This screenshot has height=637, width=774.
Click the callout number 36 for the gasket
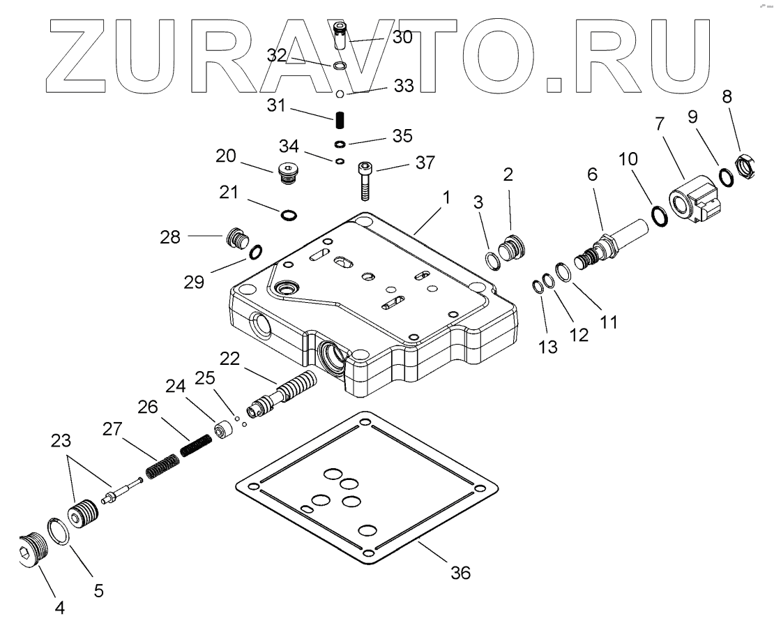461,573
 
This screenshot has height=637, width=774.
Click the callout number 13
548,347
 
